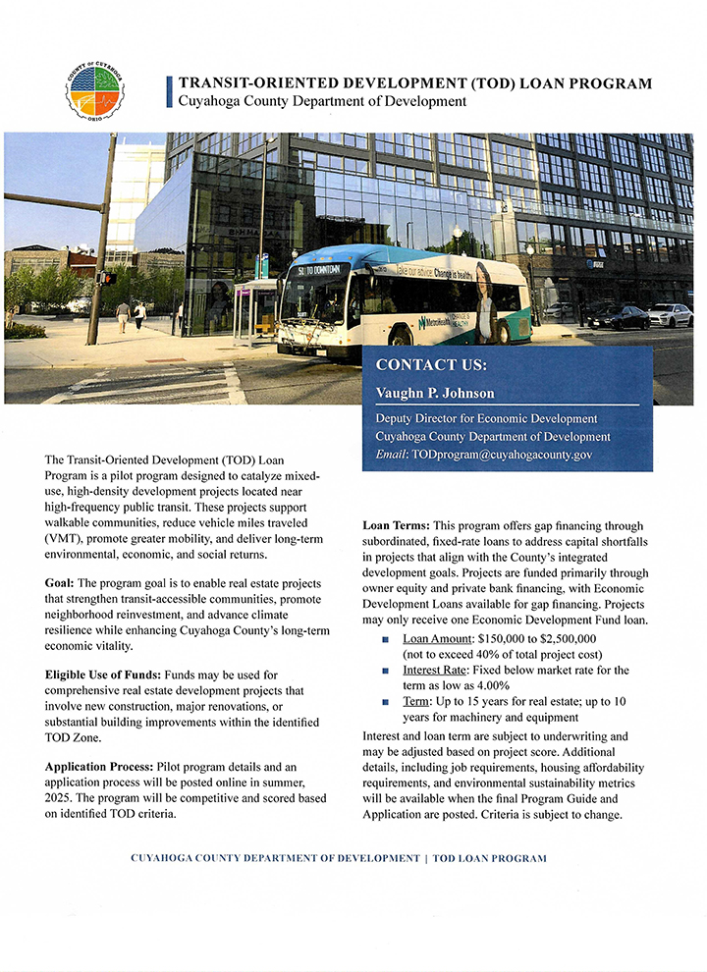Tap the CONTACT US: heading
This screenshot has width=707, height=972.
pyautogui.click(x=431, y=365)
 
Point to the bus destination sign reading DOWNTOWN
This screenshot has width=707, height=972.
pyautogui.click(x=322, y=268)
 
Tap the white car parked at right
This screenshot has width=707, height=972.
pyautogui.click(x=671, y=315)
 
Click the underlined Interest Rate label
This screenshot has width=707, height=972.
pyautogui.click(x=439, y=670)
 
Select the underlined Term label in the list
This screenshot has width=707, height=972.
pyautogui.click(x=416, y=702)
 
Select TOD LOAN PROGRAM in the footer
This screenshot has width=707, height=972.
pyautogui.click(x=487, y=858)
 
